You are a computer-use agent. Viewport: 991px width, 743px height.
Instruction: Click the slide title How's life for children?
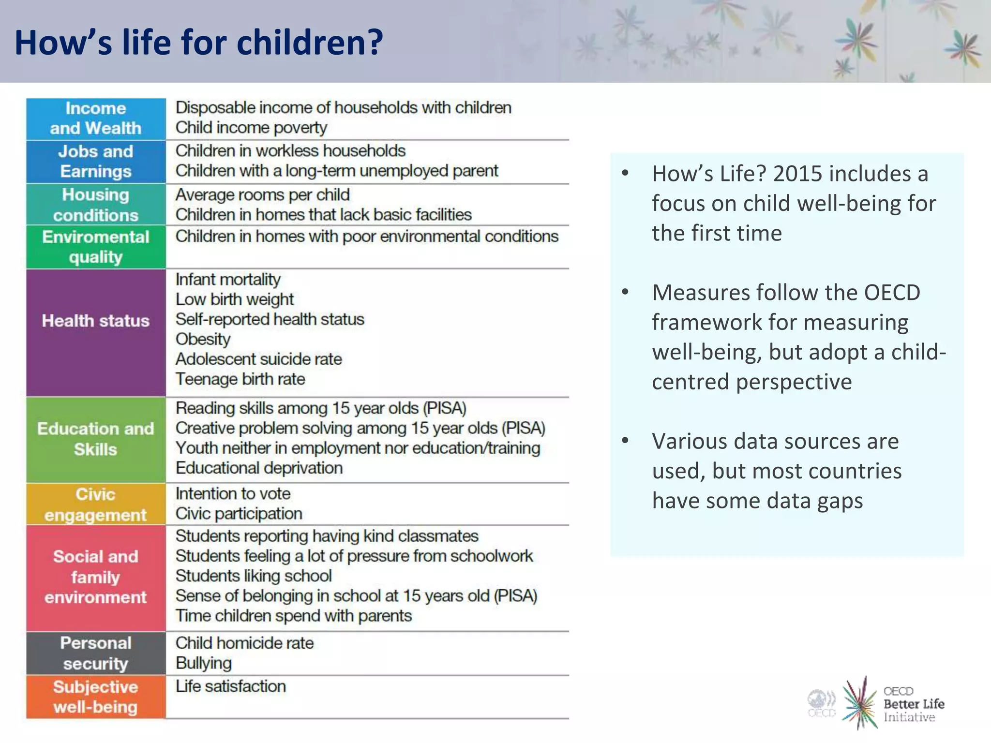coord(198,43)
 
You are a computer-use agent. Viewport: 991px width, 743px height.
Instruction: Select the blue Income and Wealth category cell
coord(96,119)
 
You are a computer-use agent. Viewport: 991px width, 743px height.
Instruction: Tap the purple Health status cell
coord(96,321)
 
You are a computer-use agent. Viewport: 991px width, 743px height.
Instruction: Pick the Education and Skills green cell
coord(96,439)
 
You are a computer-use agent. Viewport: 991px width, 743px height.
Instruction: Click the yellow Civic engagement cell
coord(96,504)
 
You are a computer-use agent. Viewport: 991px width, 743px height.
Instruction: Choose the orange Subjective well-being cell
coord(96,697)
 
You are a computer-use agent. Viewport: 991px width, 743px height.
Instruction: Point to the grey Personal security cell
coord(96,653)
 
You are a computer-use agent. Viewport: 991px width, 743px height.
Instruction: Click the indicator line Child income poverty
coord(251,128)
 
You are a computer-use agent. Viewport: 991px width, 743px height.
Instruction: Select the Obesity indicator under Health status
coord(203,339)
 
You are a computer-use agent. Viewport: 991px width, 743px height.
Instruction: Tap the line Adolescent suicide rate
coord(258,359)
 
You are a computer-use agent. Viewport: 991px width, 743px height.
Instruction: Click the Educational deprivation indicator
coord(259,468)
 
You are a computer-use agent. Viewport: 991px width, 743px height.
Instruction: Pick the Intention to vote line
coord(233,493)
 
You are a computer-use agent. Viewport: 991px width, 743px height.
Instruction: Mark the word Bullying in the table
coord(204,663)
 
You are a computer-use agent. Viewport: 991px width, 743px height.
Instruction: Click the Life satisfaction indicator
coord(230,686)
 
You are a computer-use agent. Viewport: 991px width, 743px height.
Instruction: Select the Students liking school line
coord(254,576)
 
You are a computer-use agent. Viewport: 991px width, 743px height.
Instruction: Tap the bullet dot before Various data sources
coord(625,440)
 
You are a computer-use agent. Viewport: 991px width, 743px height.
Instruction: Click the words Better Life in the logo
coord(914,704)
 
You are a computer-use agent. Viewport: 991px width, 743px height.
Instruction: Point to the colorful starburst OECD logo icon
coord(860,703)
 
